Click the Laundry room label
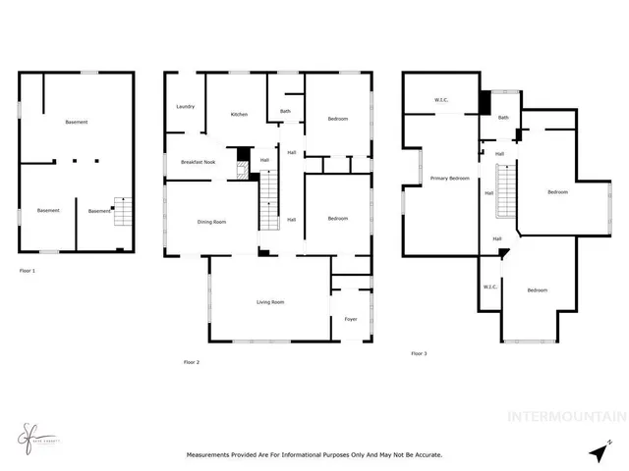[x=185, y=106]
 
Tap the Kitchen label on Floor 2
[x=239, y=115]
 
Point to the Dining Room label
[x=212, y=222]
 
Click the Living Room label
[x=270, y=302]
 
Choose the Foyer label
[x=351, y=319]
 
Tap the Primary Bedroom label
[x=449, y=179]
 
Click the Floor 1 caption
[x=28, y=269]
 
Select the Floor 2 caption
[x=192, y=362]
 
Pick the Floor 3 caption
[x=419, y=352]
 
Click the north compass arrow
[x=600, y=449]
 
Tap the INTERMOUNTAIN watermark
[x=565, y=415]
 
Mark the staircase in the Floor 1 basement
[x=122, y=211]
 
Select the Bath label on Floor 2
[x=285, y=111]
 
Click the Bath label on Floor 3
[x=503, y=118]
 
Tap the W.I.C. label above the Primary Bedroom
[x=441, y=100]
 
